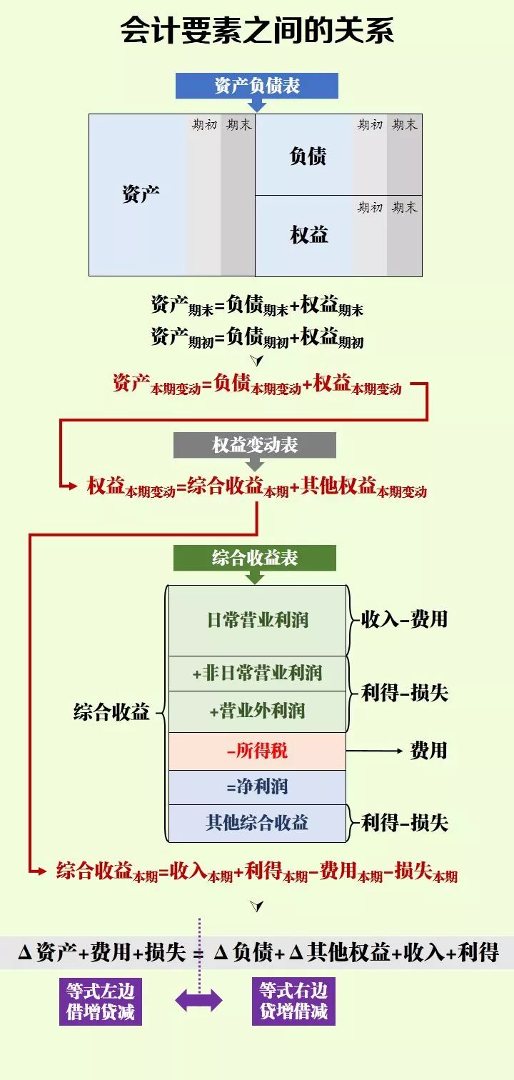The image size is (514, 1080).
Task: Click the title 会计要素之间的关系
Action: click(x=257, y=31)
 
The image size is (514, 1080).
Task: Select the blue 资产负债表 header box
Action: click(x=257, y=86)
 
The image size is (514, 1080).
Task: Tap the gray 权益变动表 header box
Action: click(x=255, y=446)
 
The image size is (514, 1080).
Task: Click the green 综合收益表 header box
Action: click(x=255, y=558)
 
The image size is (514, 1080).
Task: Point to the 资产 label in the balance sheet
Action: click(x=141, y=194)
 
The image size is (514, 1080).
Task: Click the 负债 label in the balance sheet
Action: click(x=308, y=156)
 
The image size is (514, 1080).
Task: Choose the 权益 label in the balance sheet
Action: click(x=308, y=234)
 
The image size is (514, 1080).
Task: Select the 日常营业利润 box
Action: click(x=257, y=620)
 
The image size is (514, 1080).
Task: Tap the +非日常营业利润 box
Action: click(x=257, y=673)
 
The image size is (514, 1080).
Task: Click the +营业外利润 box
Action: click(x=257, y=711)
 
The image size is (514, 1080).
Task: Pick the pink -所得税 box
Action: click(x=257, y=751)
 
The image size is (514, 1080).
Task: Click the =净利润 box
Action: click(x=257, y=787)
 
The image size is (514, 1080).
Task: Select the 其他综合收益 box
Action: click(x=257, y=823)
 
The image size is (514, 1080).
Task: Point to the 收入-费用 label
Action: click(x=404, y=619)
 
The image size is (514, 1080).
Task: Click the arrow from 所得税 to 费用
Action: click(x=375, y=751)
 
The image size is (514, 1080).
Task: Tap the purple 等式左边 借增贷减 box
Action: click(x=100, y=1001)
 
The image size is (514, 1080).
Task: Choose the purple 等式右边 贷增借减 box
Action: click(x=293, y=1001)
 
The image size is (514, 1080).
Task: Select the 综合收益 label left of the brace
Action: click(x=111, y=712)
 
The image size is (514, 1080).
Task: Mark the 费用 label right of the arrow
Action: click(x=428, y=750)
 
